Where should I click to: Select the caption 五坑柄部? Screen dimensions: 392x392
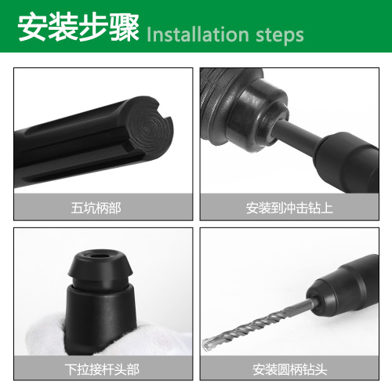point(102,209)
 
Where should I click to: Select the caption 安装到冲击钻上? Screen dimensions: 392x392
point(290,209)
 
